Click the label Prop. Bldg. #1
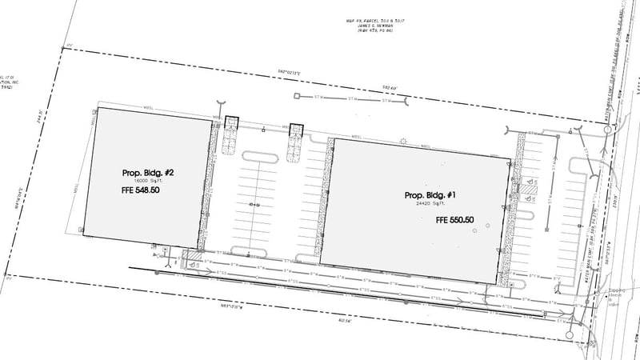pyautogui.click(x=431, y=195)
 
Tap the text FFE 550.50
pyautogui.click(x=454, y=220)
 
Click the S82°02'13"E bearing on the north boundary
pyautogui.click(x=289, y=73)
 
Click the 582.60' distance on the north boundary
pyautogui.click(x=389, y=86)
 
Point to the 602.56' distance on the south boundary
pyautogui.click(x=346, y=322)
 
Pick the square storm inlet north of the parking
pyautogui.click(x=296, y=97)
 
